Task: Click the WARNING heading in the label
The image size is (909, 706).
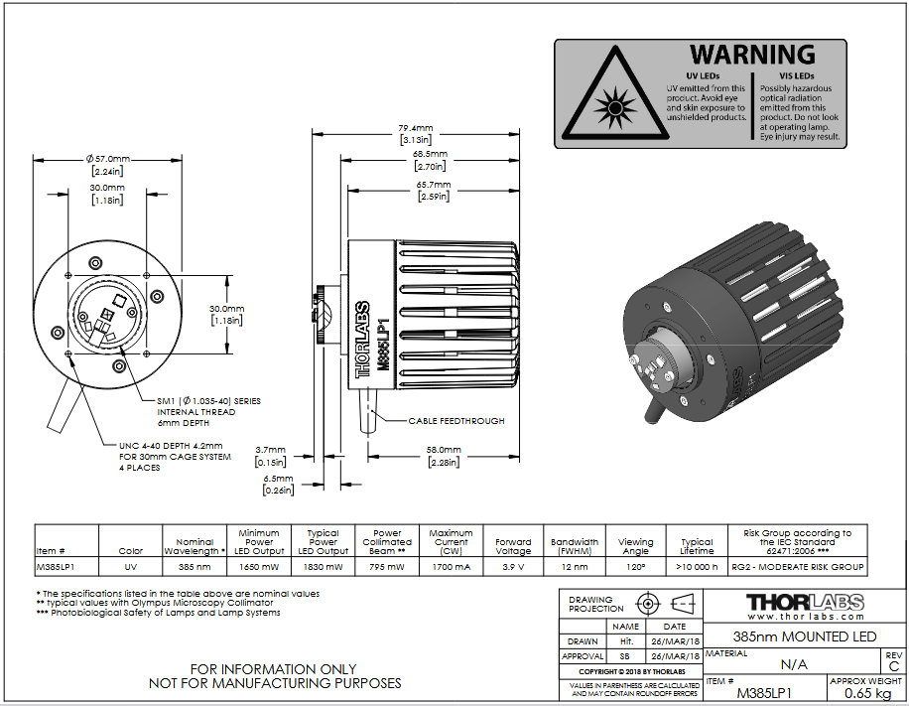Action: pyautogui.click(x=752, y=55)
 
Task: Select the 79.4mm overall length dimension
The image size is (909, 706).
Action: pyautogui.click(x=415, y=128)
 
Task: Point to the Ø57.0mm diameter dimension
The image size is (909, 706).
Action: pyautogui.click(x=108, y=158)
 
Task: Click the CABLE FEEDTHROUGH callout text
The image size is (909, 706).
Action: pyautogui.click(x=456, y=421)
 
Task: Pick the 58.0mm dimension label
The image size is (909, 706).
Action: pyautogui.click(x=444, y=450)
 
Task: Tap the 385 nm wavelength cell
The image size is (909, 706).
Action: pyautogui.click(x=195, y=567)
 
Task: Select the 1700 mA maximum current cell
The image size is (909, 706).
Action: pyautogui.click(x=451, y=567)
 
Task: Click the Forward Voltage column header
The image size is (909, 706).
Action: pyautogui.click(x=513, y=546)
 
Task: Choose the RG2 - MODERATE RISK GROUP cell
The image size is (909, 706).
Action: pyautogui.click(x=798, y=567)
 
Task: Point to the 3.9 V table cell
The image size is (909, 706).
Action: pyautogui.click(x=513, y=567)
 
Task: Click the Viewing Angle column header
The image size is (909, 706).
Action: pyautogui.click(x=635, y=546)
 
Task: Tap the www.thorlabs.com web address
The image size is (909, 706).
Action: pyautogui.click(x=805, y=617)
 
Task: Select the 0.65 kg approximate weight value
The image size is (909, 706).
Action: pyautogui.click(x=867, y=693)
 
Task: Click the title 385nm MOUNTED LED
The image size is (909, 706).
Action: pyautogui.click(x=805, y=636)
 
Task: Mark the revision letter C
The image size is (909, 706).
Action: pyautogui.click(x=894, y=666)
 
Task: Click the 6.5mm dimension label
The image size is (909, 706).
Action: pyautogui.click(x=278, y=479)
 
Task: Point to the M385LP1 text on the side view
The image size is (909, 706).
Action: pyautogui.click(x=383, y=344)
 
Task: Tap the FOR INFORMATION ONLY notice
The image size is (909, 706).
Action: pyautogui.click(x=273, y=669)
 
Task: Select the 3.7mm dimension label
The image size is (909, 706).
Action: pyautogui.click(x=271, y=450)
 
